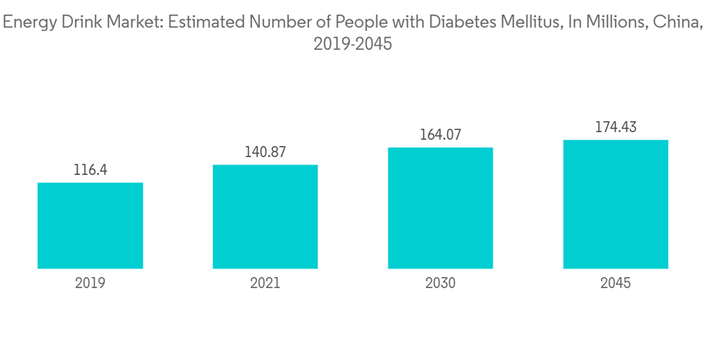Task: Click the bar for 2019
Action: tap(90, 226)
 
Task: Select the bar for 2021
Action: tap(265, 216)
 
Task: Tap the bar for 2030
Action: tap(441, 208)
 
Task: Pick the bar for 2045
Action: tap(615, 204)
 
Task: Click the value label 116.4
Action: tap(90, 171)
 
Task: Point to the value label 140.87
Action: tap(265, 153)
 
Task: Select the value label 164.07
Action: tap(441, 136)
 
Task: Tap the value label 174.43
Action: tap(615, 128)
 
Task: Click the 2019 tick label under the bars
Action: tap(90, 283)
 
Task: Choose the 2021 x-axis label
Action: tap(265, 283)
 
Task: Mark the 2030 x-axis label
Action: tap(441, 283)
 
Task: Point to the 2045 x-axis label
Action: tap(615, 283)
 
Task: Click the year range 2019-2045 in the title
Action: tap(353, 44)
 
